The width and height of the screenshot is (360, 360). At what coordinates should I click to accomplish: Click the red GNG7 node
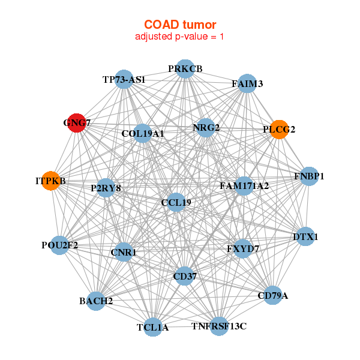pyautogui.click(x=76, y=122)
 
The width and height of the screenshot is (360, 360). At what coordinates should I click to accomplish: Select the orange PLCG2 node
pyautogui.click(x=279, y=129)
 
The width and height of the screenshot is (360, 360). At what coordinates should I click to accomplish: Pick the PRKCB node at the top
pyautogui.click(x=185, y=68)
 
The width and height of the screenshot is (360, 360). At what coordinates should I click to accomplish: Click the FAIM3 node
pyautogui.click(x=247, y=84)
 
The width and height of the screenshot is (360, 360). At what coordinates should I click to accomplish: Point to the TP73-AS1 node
pyautogui.click(x=124, y=79)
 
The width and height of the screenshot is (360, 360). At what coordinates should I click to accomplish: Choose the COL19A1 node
pyautogui.click(x=142, y=133)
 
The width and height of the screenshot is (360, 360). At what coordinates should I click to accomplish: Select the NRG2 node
pyautogui.click(x=206, y=127)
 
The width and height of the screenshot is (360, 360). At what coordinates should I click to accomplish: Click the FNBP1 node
pyautogui.click(x=309, y=176)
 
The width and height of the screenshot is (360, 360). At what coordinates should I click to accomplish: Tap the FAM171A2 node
pyautogui.click(x=244, y=186)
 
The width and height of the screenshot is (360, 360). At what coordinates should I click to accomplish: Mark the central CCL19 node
pyautogui.click(x=176, y=202)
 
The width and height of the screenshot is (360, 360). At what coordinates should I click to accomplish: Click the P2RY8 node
pyautogui.click(x=106, y=188)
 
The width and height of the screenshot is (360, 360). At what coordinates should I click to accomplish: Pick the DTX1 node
pyautogui.click(x=305, y=237)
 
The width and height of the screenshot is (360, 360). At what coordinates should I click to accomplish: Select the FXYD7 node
pyautogui.click(x=242, y=248)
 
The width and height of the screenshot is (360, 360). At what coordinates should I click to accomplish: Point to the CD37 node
pyautogui.click(x=184, y=276)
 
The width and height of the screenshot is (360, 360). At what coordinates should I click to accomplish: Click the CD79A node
pyautogui.click(x=273, y=295)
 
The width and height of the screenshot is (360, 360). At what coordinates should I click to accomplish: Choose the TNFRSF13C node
pyautogui.click(x=219, y=326)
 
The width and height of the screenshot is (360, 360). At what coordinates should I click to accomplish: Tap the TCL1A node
pyautogui.click(x=153, y=327)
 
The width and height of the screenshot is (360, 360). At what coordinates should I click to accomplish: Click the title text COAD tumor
pyautogui.click(x=180, y=25)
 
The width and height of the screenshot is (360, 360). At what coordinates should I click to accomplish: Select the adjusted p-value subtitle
pyautogui.click(x=180, y=37)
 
